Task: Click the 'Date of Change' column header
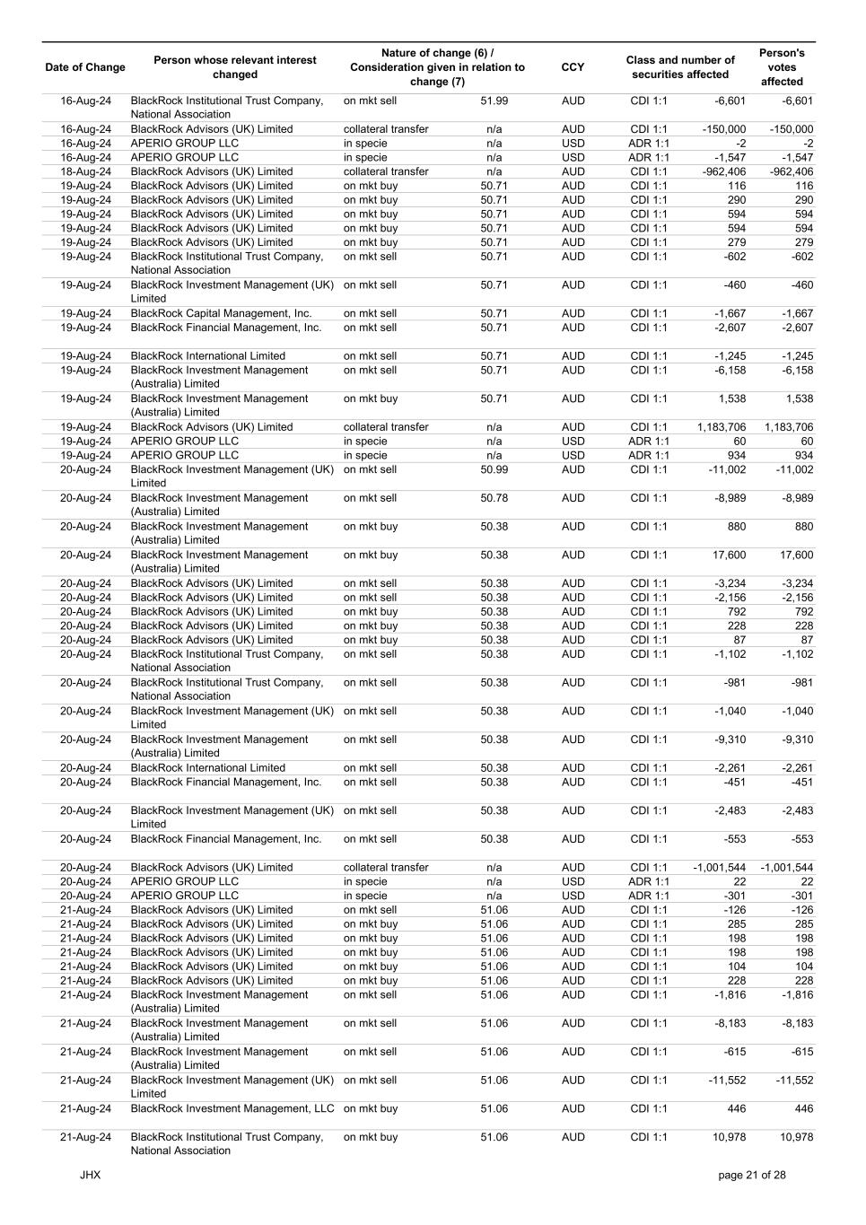coord(85,67)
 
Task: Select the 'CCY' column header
coord(573,67)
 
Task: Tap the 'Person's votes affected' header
coord(782,67)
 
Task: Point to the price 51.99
coord(494,101)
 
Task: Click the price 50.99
coord(494,469)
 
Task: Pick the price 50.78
coord(494,498)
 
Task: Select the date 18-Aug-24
coord(85,171)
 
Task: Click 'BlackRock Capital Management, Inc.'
coord(221,313)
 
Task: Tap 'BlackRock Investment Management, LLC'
coord(232,1108)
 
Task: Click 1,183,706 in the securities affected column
coord(721,427)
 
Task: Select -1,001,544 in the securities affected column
coord(719,867)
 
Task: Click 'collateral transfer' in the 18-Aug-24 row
coord(386,171)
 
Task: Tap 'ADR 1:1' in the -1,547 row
coord(648,157)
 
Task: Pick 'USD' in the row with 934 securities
coord(573,455)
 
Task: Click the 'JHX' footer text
coord(90,1175)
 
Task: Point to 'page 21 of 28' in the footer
coord(751,1175)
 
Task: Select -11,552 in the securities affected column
coord(726,1080)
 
